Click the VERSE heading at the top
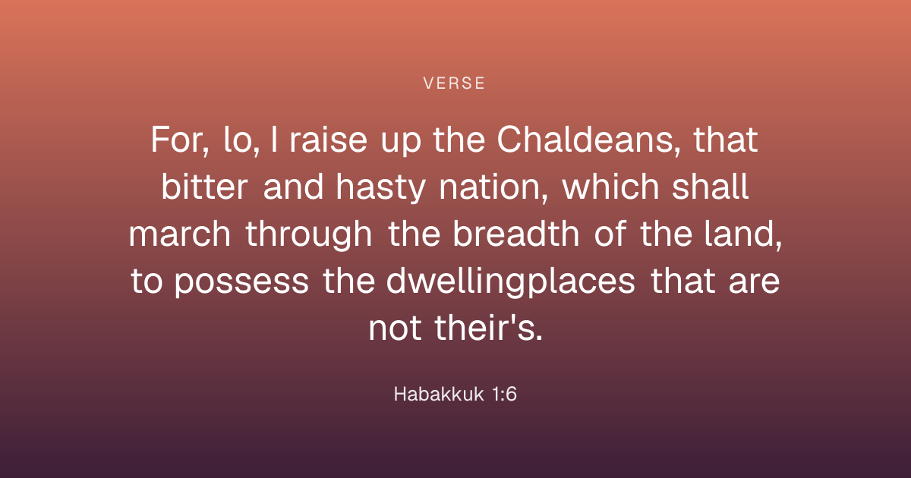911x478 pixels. [454, 83]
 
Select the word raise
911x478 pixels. [328, 140]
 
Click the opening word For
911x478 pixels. [179, 140]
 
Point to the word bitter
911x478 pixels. [204, 186]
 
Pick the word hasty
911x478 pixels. [380, 187]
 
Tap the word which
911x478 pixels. [610, 186]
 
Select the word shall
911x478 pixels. [710, 186]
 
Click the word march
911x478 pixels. [180, 234]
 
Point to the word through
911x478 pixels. [309, 234]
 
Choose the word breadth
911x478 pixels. [515, 234]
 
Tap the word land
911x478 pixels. [743, 234]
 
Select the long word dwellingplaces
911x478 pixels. [510, 281]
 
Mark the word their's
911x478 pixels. [488, 328]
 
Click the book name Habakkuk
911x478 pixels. [439, 394]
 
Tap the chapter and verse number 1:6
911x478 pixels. [504, 394]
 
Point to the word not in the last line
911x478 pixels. [395, 329]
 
